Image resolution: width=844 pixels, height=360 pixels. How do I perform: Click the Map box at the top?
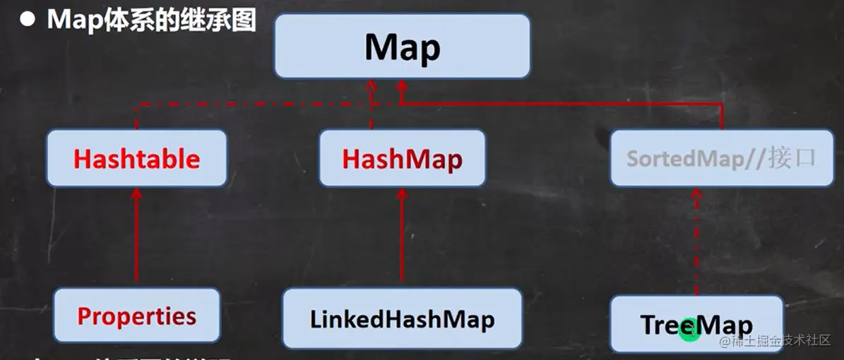pyautogui.click(x=402, y=46)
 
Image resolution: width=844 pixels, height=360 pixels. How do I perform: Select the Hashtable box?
pyautogui.click(x=137, y=158)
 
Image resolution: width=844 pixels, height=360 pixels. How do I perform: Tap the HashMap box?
pyautogui.click(x=402, y=158)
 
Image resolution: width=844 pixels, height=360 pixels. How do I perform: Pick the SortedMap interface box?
pyautogui.click(x=721, y=158)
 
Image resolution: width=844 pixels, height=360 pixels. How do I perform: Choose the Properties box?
pyautogui.click(x=137, y=316)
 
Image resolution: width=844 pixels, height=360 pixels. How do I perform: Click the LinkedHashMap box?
pyautogui.click(x=402, y=319)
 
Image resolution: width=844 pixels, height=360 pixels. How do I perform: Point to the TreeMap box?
pyautogui.click(x=696, y=324)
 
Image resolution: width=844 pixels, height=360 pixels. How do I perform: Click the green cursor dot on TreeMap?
pyautogui.click(x=689, y=329)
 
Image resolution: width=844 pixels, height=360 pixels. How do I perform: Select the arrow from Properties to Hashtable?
pyautogui.click(x=137, y=240)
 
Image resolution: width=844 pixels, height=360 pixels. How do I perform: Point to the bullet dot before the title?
pyautogui.click(x=28, y=20)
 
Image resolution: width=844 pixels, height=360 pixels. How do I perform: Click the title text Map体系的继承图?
pyautogui.click(x=151, y=20)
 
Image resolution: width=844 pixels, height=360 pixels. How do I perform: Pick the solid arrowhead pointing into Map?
pyautogui.click(x=401, y=88)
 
